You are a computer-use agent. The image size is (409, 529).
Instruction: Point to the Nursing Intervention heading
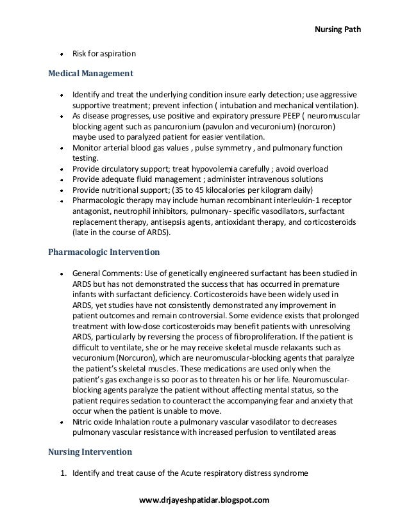pos(90,452)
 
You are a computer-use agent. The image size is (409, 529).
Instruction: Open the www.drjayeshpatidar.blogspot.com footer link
pos(204,498)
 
